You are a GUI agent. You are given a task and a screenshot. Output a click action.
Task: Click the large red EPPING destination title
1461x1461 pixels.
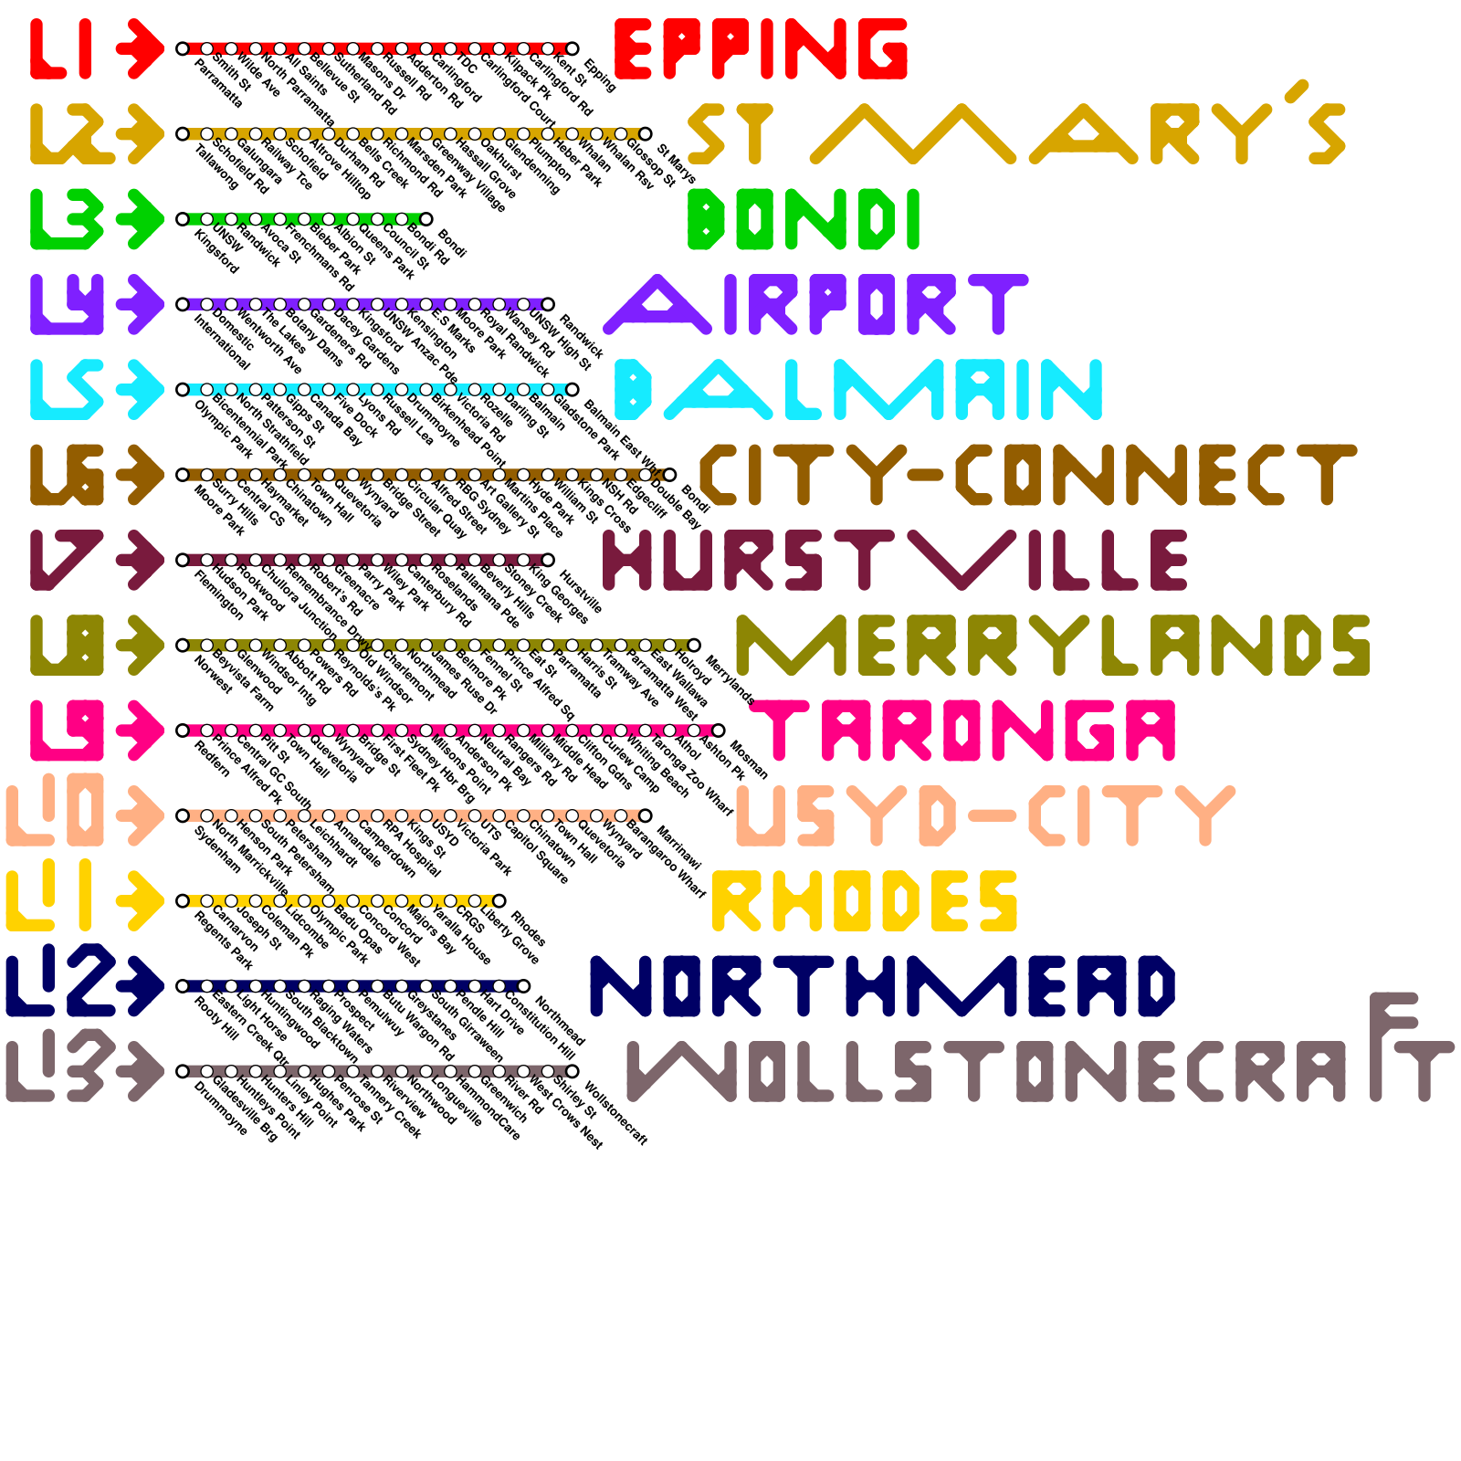pyautogui.click(x=761, y=48)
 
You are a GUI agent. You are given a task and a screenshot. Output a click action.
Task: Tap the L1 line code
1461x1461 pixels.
pyautogui.click(x=61, y=48)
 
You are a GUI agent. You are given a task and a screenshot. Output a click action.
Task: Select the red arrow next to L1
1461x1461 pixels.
pyautogui.click(x=140, y=48)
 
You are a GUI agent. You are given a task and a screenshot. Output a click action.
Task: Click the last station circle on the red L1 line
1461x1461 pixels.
pyautogui.click(x=573, y=48)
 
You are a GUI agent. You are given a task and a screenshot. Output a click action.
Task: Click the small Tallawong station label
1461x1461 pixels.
pyautogui.click(x=216, y=167)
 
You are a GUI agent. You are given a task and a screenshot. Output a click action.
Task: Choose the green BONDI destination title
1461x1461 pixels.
pyautogui.click(x=804, y=219)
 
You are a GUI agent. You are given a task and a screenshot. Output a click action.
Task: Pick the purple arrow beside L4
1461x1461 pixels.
pyautogui.click(x=140, y=304)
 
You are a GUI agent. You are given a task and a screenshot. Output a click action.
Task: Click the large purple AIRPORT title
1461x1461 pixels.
pyautogui.click(x=815, y=303)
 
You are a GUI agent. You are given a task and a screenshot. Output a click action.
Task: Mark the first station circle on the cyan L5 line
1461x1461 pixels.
pyautogui.click(x=183, y=390)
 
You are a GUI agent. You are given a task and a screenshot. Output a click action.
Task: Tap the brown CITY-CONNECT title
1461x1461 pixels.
pyautogui.click(x=1027, y=475)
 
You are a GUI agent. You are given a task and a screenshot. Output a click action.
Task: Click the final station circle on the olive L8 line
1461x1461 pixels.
pyautogui.click(x=694, y=646)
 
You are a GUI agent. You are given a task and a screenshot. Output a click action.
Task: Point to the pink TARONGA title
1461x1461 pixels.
pyautogui.click(x=968, y=730)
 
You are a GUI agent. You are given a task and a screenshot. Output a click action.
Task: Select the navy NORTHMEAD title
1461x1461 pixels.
pyautogui.click(x=882, y=986)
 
